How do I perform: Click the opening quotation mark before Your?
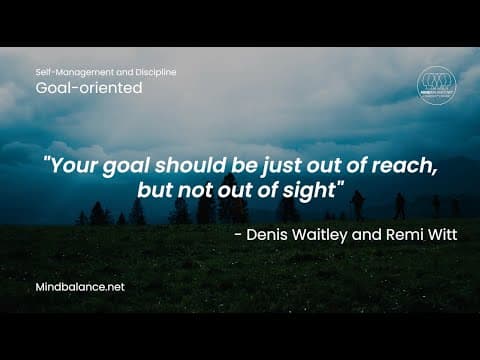[x=48, y=164]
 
